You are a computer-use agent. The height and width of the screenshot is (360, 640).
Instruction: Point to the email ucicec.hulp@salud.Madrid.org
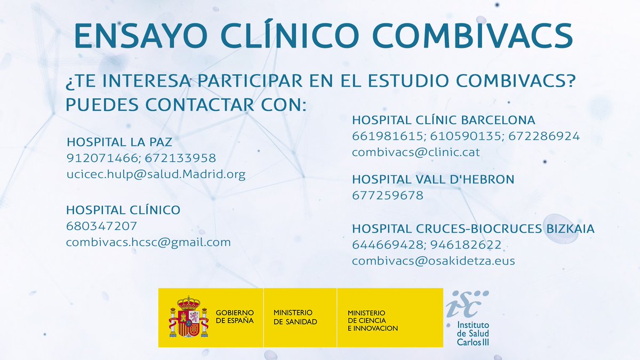(x=156, y=174)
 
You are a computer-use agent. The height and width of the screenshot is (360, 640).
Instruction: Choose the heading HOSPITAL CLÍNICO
(x=123, y=210)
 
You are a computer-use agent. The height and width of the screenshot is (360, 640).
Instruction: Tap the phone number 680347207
(x=102, y=226)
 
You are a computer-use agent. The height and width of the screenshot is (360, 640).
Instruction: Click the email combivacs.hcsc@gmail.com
(x=148, y=242)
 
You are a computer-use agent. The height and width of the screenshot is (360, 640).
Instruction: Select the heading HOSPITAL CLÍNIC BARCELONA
(x=443, y=120)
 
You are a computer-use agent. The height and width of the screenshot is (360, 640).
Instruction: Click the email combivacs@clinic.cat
(x=415, y=152)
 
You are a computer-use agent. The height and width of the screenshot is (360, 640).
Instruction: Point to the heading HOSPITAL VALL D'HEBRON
(x=433, y=180)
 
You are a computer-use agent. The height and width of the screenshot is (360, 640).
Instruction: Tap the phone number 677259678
(x=388, y=196)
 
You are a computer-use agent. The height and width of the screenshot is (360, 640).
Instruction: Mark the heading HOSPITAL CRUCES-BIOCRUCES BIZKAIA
(x=473, y=229)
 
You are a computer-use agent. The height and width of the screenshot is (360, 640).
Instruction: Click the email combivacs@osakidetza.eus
(x=433, y=261)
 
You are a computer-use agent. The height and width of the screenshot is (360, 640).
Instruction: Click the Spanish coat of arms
(x=188, y=317)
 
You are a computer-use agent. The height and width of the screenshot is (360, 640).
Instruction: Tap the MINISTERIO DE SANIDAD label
(x=295, y=317)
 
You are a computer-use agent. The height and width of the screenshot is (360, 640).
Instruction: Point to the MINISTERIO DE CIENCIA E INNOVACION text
(x=372, y=321)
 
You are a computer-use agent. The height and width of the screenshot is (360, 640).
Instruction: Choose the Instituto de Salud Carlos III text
(x=473, y=333)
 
